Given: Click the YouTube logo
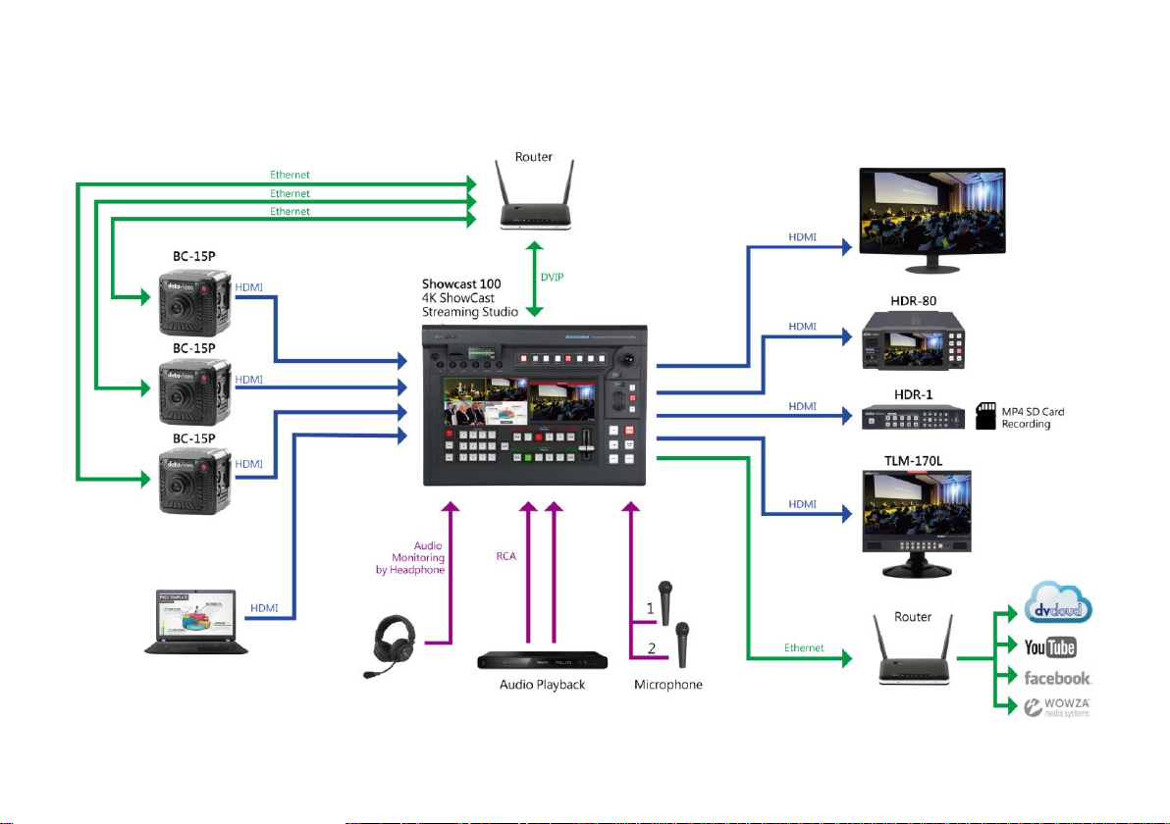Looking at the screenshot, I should pyautogui.click(x=1050, y=646).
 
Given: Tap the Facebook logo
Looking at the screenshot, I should pyautogui.click(x=1058, y=678).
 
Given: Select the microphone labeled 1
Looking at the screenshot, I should pyautogui.click(x=666, y=600).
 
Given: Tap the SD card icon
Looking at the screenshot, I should pyautogui.click(x=984, y=417).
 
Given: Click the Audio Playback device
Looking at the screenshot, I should pyautogui.click(x=551, y=661).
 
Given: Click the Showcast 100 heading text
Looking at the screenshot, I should pyautogui.click(x=461, y=283).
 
